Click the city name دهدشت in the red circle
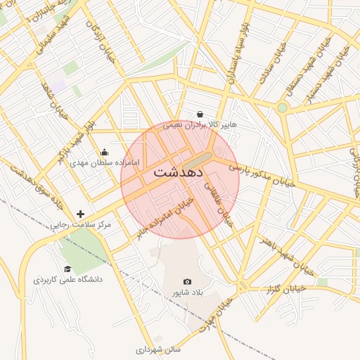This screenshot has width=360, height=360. point(179,171)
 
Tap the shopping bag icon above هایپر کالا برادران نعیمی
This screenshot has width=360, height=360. point(200,114)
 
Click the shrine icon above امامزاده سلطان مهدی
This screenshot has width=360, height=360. point(105,152)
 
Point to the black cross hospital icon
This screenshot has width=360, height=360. point(81,214)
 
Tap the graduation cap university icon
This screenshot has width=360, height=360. point(67,269)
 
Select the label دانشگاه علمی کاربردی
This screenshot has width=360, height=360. point(67,279)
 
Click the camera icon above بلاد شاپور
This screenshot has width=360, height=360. point(187,281)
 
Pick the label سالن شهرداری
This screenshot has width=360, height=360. point(158,349)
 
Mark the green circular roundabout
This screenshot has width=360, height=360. point(282,108)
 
